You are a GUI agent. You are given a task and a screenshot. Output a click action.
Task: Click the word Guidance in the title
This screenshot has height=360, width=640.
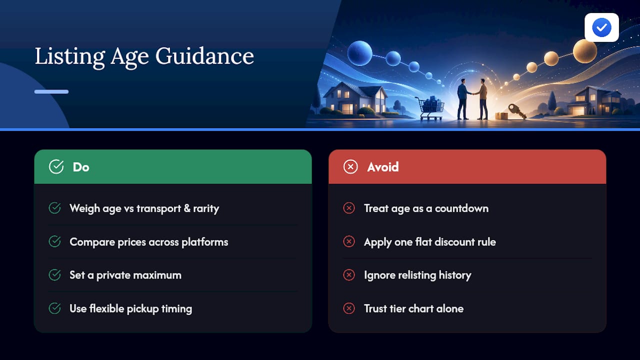pos(204,56)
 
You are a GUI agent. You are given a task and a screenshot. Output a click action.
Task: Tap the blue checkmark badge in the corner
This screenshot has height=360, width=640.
pos(601,27)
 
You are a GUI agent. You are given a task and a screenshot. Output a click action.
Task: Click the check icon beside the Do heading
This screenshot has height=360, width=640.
pos(56,166)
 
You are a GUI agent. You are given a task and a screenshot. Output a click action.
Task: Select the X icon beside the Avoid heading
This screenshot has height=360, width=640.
pos(350,167)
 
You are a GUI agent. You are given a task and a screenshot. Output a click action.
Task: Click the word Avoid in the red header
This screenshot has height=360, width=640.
pos(383,167)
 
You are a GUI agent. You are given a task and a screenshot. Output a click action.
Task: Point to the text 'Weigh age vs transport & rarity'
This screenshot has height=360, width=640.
pos(144,208)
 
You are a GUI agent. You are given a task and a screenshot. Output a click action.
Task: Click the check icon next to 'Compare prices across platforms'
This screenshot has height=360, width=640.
pos(54,241)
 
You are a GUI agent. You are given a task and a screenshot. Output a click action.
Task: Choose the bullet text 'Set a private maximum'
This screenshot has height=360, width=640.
pos(125,275)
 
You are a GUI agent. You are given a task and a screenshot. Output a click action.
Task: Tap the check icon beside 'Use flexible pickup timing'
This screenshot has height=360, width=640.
pos(54,308)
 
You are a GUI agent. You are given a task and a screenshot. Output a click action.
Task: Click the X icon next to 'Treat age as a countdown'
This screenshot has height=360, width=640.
pos(349,208)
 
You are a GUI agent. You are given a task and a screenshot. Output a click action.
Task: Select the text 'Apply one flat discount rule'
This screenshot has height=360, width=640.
pos(430,242)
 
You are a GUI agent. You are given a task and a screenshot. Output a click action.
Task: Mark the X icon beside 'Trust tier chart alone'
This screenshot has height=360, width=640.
pos(349,308)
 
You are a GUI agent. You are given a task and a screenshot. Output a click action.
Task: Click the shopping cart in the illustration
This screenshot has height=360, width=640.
pos(430,108)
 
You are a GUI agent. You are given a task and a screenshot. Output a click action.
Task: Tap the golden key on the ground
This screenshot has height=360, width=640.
pos(517,111)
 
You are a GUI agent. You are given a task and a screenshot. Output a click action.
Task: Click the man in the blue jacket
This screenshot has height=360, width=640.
pos(463,99)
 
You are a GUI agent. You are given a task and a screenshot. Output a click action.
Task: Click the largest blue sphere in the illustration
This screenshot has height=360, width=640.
pos(359,53)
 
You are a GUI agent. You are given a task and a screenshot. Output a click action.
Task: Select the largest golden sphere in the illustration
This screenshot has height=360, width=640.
pos(585,51)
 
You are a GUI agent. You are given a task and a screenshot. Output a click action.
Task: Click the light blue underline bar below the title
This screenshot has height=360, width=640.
pos(51,91)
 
